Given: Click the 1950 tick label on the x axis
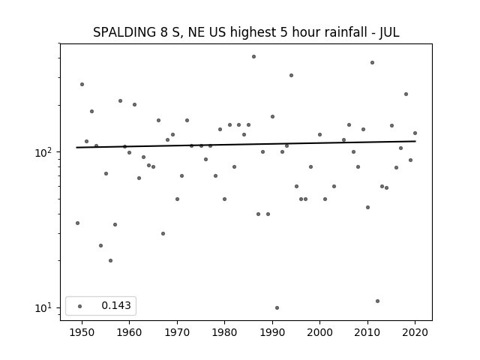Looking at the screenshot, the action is pos(82,332).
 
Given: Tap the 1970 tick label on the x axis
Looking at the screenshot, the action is pos(177,332).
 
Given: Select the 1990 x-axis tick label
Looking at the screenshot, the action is pos(272,332).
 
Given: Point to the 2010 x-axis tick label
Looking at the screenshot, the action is pos(367,332).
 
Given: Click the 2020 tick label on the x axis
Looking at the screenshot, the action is pos(415,332).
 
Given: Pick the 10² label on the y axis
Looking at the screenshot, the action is pos(44,151).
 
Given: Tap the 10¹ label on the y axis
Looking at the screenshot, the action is pos(44,307).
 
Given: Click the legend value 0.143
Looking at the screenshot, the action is pos(116,305).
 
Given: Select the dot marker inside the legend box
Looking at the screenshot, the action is pos(80,306).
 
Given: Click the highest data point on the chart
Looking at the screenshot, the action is pos(253,57).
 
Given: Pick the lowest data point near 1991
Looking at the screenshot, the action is pos(277,308).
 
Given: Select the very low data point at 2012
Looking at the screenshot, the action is pos(377,301).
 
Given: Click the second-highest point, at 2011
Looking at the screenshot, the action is pos(372,63).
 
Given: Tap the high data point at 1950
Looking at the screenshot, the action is pos(82,85).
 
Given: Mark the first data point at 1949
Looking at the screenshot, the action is pos(77,223).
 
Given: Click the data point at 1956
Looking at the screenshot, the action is pos(110,261).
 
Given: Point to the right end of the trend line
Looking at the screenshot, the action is pos(415,141).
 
